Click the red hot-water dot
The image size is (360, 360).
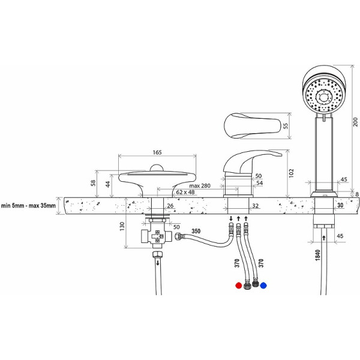point(239,286)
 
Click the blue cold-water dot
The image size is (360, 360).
point(263,286)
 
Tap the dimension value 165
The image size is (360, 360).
point(157,152)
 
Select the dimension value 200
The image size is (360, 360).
point(355,122)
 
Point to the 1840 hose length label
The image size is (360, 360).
point(317,255)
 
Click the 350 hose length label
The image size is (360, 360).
point(196,231)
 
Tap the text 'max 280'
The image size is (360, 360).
point(200,185)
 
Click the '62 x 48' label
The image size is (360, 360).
point(185,192)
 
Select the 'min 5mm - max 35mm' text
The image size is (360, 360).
point(28,205)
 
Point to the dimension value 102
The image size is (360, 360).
point(291,173)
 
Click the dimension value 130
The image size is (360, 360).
point(122,226)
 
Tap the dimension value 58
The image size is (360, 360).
point(93,183)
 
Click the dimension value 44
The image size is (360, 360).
point(108,184)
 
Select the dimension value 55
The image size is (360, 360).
point(286,126)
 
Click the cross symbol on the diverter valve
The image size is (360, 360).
point(157,236)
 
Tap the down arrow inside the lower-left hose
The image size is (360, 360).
point(158,262)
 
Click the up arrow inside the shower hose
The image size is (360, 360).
point(324,238)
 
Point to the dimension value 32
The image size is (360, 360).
point(256,206)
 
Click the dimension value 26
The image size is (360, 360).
point(170,206)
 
